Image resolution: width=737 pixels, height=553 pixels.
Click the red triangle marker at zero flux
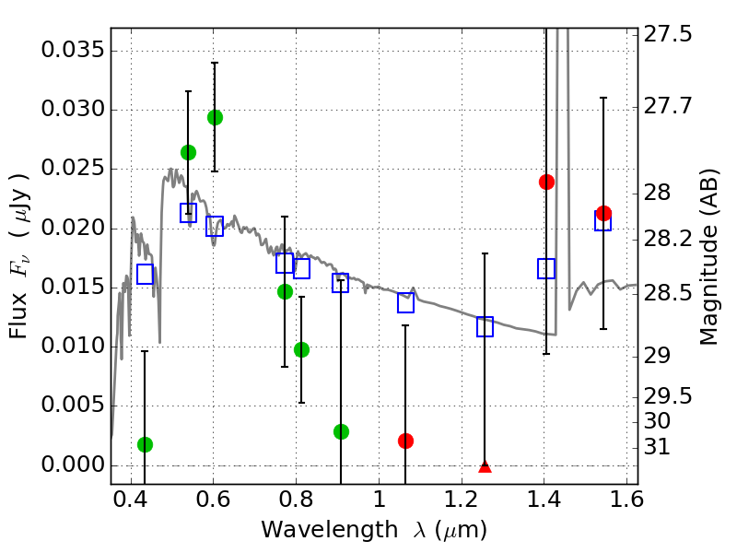click(485, 466)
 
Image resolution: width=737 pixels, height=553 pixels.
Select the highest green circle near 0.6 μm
click(215, 117)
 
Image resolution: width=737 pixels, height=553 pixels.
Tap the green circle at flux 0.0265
click(188, 152)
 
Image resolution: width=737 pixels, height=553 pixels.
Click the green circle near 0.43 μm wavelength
click(145, 444)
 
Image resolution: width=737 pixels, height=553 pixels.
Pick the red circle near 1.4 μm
click(546, 182)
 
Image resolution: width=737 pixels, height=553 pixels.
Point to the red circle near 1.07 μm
click(405, 441)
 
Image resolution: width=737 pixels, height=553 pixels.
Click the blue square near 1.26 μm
click(485, 326)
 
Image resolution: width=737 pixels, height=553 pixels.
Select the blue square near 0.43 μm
click(145, 274)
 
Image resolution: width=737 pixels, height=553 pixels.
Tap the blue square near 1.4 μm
click(546, 268)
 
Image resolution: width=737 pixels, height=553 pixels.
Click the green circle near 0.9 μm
click(341, 431)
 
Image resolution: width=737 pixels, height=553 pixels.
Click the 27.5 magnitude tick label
click(669, 34)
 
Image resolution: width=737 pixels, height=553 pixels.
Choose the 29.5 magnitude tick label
click(669, 396)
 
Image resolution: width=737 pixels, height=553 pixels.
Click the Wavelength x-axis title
click(373, 530)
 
